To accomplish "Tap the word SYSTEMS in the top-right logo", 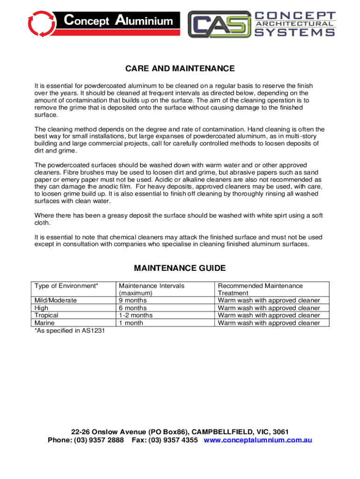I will point(295,32).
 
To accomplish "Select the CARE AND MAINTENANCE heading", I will point(180,69).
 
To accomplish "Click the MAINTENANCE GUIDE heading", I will point(180,268).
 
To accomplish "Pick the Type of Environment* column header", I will point(66,286).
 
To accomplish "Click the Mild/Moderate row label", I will point(56,300).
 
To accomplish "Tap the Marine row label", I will point(45,323).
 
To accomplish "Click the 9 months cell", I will point(133,300).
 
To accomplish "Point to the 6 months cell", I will point(133,308).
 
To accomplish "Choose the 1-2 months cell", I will point(136,315).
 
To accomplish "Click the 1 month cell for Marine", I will point(131,323).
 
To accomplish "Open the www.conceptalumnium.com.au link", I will point(258,440).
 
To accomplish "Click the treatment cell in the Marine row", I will point(269,323).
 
